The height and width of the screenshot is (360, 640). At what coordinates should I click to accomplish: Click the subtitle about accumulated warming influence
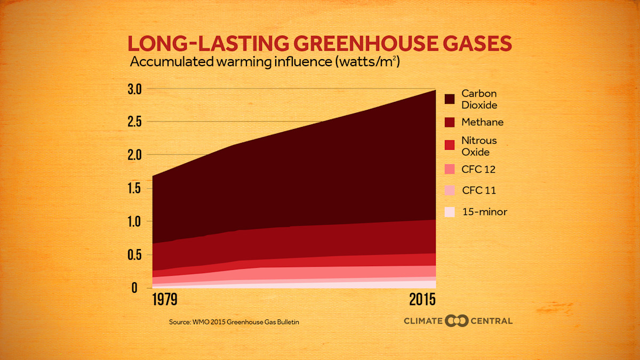(x=265, y=62)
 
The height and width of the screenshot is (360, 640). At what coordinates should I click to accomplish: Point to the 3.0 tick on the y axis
(x=134, y=89)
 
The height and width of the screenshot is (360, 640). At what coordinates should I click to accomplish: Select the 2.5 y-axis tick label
(x=134, y=122)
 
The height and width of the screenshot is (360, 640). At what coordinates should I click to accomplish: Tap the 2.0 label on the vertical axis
(x=134, y=155)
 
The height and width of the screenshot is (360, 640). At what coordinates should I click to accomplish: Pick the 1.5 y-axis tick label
(x=134, y=188)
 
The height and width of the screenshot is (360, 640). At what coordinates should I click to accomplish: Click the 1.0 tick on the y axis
(x=134, y=221)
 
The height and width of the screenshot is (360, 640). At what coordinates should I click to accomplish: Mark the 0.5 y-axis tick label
(x=134, y=254)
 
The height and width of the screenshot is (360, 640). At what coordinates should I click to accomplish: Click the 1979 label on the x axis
(x=165, y=299)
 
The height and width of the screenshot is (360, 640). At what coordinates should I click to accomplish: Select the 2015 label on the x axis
(x=422, y=299)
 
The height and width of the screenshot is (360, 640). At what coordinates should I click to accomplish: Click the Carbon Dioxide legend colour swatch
(x=450, y=99)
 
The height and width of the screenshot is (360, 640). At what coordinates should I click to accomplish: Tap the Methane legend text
(x=482, y=122)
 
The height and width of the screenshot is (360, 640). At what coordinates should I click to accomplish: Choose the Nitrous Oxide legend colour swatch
(x=450, y=146)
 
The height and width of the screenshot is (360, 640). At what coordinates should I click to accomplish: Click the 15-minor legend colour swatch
(x=450, y=212)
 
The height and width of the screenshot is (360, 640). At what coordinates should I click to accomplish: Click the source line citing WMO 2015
(x=238, y=322)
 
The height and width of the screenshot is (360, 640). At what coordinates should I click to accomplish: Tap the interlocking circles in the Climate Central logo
(x=457, y=321)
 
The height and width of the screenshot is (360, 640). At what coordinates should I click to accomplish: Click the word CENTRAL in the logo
(x=491, y=321)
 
